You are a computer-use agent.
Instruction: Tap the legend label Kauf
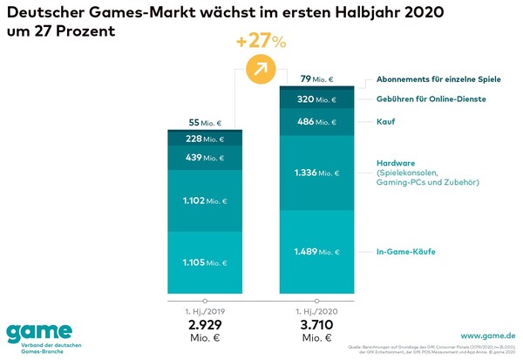386,121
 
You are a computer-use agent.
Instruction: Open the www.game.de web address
485,335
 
